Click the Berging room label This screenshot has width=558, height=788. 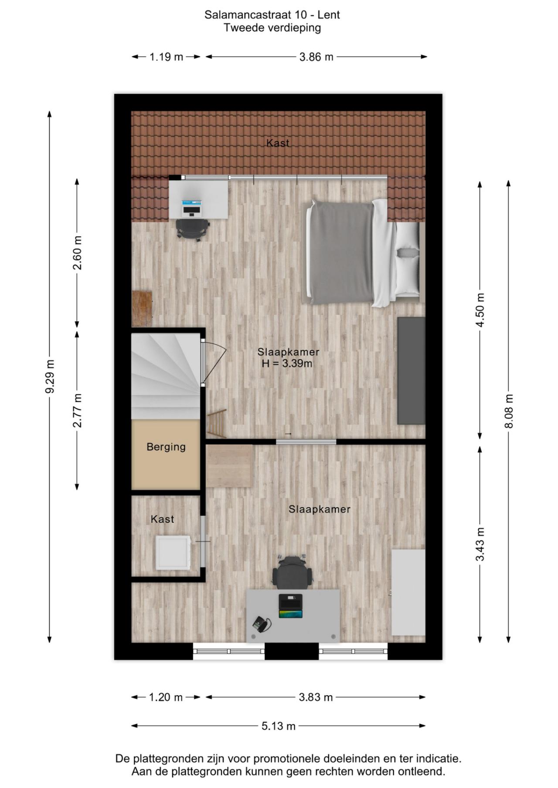coord(166,447)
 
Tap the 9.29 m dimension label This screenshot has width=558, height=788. coord(50,377)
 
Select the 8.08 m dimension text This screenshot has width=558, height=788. coord(509,411)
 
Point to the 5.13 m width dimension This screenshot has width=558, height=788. coord(279,726)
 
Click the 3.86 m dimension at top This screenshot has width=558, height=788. coord(316,57)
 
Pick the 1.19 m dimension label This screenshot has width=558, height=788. coord(166,57)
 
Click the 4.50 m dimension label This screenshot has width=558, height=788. coord(480,310)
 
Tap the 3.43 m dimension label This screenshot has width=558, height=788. coord(480,544)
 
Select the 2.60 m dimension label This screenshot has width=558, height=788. coord(77,253)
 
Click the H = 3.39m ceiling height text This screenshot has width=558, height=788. coord(287,364)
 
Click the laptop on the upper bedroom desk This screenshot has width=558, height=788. coord(192,208)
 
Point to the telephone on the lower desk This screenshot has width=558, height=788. coord(262,623)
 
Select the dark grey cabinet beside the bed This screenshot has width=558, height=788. coord(411,370)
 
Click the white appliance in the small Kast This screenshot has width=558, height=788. coord(173,552)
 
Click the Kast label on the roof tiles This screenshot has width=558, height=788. coord(278,143)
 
